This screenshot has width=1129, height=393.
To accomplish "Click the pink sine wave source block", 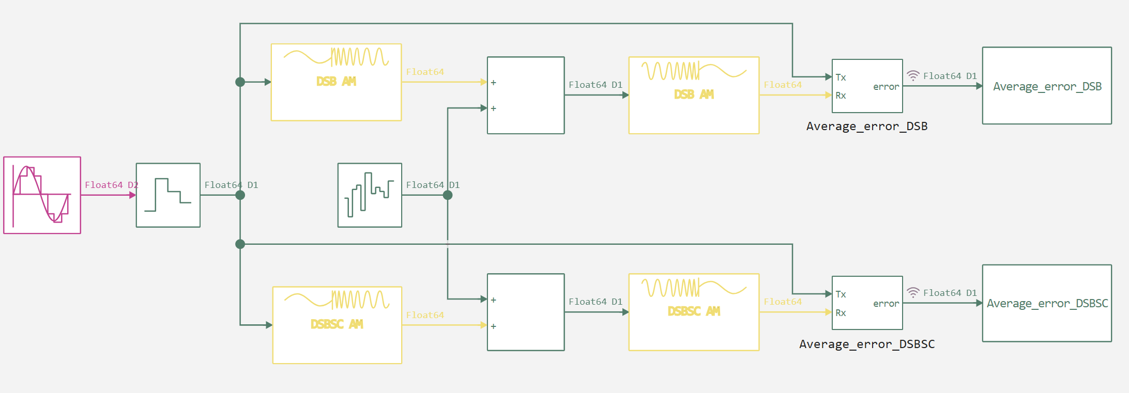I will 42,195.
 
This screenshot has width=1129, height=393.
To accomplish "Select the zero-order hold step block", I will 168,195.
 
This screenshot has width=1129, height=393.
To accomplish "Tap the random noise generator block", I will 370,195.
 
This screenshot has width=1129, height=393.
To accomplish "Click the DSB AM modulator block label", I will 336,82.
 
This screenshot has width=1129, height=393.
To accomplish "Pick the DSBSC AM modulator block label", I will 337,324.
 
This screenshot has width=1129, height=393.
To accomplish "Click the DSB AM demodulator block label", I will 694,95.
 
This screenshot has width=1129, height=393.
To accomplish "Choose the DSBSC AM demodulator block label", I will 694,311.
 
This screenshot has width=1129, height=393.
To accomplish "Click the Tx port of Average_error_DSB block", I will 841,77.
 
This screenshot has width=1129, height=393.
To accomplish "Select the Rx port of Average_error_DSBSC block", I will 841,313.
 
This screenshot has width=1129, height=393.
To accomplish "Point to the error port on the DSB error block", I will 886,87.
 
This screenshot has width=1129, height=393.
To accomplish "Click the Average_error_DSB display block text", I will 1047,86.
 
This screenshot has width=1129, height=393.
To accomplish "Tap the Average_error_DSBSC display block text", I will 1047,304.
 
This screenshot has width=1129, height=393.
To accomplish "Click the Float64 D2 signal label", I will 111,185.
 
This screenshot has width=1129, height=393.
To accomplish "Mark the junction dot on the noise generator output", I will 448,195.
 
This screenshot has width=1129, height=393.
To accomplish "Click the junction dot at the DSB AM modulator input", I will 240,82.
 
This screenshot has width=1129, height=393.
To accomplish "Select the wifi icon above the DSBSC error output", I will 913,293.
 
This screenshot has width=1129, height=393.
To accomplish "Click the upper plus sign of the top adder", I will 494,83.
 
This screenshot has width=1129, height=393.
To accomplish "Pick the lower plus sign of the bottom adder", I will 494,326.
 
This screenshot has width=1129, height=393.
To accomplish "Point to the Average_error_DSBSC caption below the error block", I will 867,344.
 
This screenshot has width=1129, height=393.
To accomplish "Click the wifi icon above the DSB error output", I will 913,76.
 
